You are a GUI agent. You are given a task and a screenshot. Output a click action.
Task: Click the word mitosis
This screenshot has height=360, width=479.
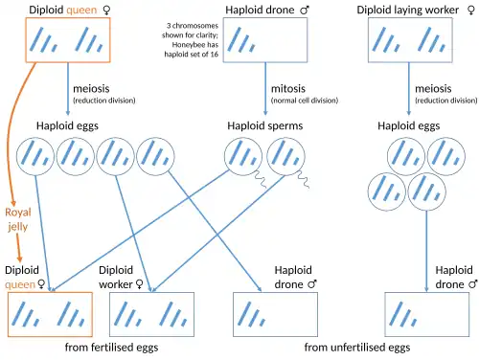(288, 88)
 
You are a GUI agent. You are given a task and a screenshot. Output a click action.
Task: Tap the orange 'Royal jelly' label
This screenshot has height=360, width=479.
(18, 219)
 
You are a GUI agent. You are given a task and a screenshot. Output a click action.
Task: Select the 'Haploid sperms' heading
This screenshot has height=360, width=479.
(265, 125)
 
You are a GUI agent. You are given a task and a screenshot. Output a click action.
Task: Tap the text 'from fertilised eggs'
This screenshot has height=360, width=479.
(111, 348)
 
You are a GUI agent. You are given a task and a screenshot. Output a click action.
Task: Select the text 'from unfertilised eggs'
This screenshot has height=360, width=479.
(357, 348)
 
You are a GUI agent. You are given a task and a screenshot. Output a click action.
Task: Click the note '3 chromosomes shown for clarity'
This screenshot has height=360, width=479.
(191, 31)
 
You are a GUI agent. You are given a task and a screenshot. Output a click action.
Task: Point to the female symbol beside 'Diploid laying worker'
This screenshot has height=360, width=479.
(471, 11)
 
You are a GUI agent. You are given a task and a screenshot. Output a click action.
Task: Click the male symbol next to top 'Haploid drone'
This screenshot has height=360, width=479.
(305, 11)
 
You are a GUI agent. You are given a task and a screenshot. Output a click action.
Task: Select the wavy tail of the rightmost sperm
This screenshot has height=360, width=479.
(304, 179)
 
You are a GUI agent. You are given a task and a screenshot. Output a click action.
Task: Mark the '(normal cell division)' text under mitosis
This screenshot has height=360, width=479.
(305, 101)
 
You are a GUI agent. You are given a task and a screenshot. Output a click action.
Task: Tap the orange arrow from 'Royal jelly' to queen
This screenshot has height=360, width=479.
(18, 248)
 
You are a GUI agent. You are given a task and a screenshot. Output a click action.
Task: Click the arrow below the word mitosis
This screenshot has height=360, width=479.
(265, 89)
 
